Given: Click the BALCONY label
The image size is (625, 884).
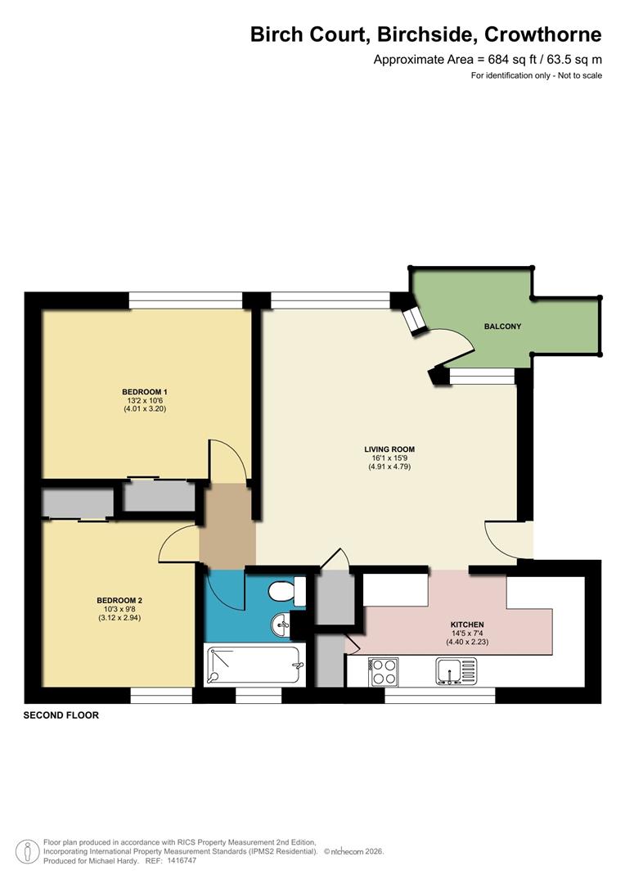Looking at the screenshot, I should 502,327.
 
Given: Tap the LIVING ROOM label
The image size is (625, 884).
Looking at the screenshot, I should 389,449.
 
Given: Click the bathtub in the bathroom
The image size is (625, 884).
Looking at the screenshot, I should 253,665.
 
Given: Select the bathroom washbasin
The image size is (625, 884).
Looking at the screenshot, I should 281,626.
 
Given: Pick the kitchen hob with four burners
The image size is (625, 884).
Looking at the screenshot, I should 383,672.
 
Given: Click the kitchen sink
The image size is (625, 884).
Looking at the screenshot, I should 456,672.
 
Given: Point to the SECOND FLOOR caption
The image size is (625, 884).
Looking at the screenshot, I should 61,715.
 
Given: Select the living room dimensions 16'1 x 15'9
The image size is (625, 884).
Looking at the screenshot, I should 389,458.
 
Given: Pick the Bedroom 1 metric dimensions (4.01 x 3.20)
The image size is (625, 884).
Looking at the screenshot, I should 145,408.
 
